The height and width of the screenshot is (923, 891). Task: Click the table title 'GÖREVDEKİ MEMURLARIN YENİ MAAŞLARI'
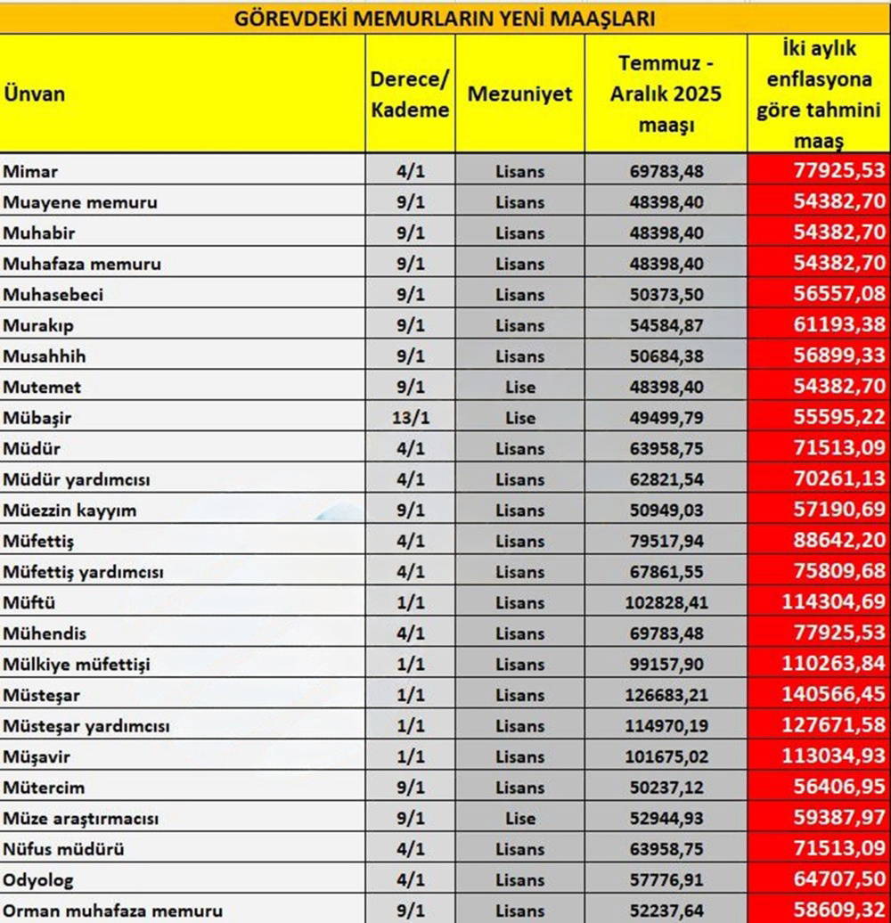(445, 18)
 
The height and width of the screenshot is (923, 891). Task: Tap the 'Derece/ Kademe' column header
(410, 94)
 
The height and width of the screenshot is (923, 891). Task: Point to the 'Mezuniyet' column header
(519, 94)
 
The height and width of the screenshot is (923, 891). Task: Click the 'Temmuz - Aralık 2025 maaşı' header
(666, 94)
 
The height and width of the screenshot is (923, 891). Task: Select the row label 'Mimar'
(31, 171)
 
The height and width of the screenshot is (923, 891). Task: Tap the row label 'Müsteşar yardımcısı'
(86, 726)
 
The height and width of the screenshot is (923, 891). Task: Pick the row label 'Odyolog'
(38, 880)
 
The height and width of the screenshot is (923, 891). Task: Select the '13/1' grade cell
(410, 418)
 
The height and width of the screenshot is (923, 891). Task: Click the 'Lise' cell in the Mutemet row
(519, 387)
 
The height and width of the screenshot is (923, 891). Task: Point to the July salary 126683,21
(666, 695)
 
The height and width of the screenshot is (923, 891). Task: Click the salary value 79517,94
(666, 541)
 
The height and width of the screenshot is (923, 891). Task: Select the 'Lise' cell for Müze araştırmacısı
(519, 818)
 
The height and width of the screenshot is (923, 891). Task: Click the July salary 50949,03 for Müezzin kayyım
(666, 511)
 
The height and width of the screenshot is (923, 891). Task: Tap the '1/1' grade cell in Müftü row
(410, 602)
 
